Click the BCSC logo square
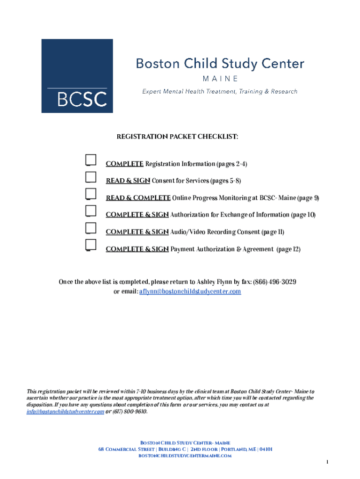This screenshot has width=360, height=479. pos(77,76)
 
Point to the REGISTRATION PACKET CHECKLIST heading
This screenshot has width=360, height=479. pos(177,137)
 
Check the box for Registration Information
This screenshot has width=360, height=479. pos(91,160)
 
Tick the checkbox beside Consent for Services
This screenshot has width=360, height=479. pos(91,177)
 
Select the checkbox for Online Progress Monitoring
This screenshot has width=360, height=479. pos(91,194)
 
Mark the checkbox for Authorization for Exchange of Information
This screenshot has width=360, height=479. pos(91,211)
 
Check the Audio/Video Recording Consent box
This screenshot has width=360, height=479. pos(91,228)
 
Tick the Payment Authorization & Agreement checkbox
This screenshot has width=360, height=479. pos(91,245)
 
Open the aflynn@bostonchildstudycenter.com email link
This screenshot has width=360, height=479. pos(190,291)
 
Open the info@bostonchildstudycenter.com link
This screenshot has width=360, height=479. pos(65,412)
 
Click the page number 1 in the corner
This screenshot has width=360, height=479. pos(328,462)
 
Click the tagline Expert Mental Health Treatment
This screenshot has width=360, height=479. pos(220,92)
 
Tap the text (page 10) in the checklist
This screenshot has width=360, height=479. pos(303,215)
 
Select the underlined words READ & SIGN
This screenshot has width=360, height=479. pos(128,181)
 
